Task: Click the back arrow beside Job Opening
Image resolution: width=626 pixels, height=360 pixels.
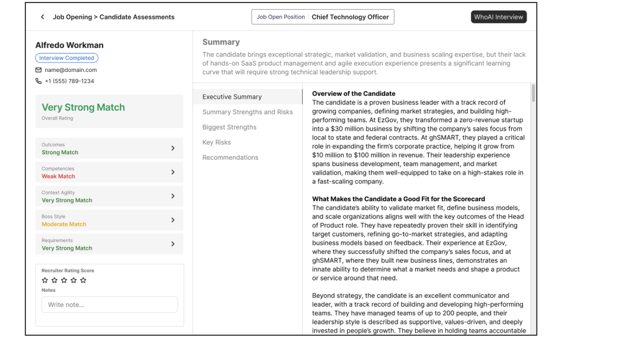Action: (42, 17)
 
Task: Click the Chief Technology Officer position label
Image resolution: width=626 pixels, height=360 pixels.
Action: (350, 17)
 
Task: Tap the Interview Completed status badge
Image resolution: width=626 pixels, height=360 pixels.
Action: (67, 58)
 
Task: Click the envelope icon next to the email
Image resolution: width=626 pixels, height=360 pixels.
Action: (39, 70)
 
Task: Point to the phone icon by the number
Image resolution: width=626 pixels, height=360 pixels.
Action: (39, 81)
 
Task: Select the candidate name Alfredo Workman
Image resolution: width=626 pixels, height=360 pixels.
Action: (69, 45)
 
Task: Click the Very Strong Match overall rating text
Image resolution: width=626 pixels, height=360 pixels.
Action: (83, 108)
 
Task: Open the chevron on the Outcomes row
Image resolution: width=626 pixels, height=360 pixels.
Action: (173, 149)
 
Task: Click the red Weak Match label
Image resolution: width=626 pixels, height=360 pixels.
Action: (59, 176)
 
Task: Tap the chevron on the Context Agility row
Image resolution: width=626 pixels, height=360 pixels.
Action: (173, 196)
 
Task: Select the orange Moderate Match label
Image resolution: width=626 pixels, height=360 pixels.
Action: (64, 224)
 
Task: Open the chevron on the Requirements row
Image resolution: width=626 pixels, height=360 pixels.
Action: (173, 244)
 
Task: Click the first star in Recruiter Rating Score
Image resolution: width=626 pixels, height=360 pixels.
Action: (45, 280)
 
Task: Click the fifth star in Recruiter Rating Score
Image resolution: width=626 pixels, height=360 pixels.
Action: (83, 280)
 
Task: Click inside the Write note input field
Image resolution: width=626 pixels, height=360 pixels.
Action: (109, 305)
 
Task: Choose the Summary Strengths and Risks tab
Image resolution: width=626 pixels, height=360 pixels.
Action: (248, 112)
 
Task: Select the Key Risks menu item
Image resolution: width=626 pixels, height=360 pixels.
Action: (217, 142)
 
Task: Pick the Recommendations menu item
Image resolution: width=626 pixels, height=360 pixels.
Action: (230, 158)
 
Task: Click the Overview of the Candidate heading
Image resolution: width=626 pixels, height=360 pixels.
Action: (354, 94)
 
